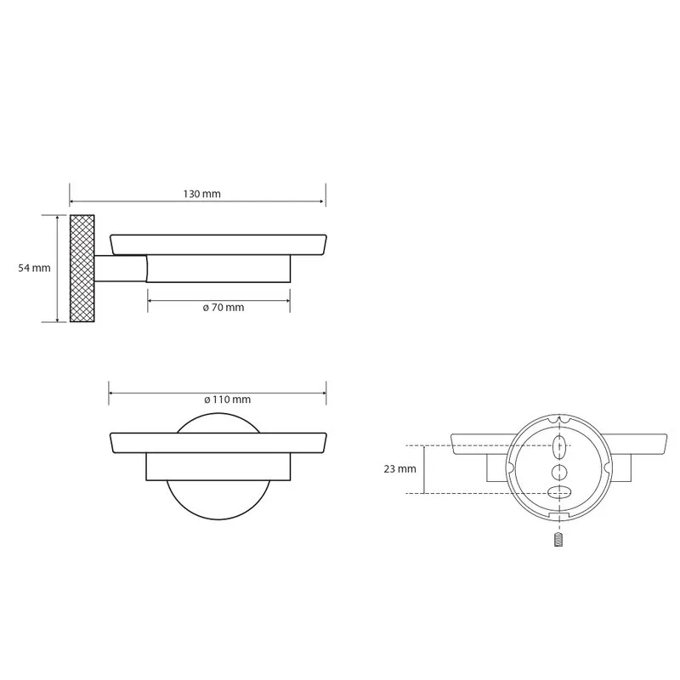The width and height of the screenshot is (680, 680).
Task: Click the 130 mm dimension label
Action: click(x=201, y=194)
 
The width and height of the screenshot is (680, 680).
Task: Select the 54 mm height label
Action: click(x=34, y=268)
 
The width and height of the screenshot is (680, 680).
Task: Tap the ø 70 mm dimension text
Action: click(x=224, y=308)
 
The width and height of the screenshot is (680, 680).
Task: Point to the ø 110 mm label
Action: click(x=228, y=399)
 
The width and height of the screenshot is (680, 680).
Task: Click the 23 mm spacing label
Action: click(x=399, y=469)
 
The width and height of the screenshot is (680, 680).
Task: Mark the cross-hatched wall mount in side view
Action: click(x=82, y=269)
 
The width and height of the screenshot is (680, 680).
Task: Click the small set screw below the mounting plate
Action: click(x=558, y=540)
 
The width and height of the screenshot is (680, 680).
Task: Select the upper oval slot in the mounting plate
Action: click(x=559, y=448)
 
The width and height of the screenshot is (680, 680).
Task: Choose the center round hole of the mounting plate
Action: click(x=559, y=472)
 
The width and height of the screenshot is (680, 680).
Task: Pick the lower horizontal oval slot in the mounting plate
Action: click(x=559, y=493)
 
